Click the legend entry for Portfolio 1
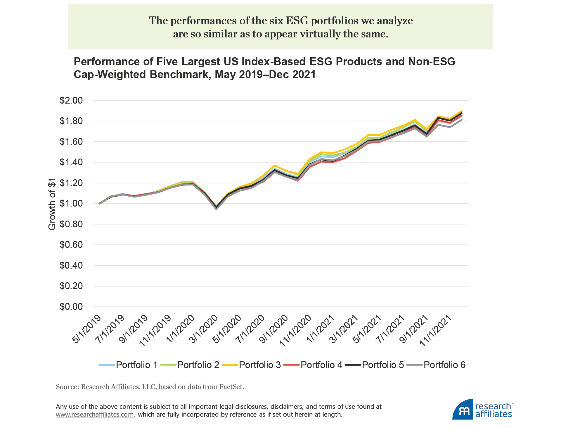[x=129, y=365]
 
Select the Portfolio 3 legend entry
[x=252, y=365]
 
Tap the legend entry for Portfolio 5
[x=375, y=365]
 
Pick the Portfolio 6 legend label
[x=436, y=365]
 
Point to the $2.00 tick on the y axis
[x=71, y=101]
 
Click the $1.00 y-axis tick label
[x=71, y=204]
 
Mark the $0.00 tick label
[x=71, y=307]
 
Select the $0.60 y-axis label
[x=71, y=245]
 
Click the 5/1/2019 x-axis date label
[x=87, y=329]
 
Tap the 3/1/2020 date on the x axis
[x=203, y=329]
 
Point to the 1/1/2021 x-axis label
[x=320, y=329]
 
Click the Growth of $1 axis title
[x=52, y=204]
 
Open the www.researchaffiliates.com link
[x=95, y=415]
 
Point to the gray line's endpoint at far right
[x=461, y=120]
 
